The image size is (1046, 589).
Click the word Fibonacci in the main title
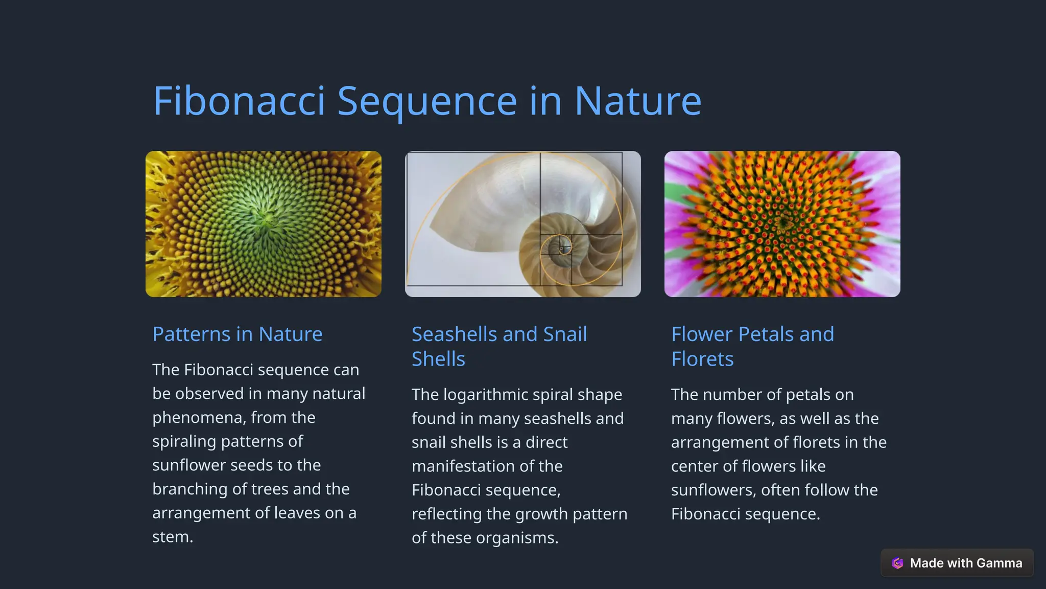[239, 101]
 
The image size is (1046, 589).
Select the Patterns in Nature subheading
[237, 334]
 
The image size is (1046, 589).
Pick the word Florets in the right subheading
[702, 359]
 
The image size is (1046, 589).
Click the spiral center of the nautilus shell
[561, 249]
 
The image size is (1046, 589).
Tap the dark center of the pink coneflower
[783, 223]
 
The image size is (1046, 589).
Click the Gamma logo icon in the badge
[897, 563]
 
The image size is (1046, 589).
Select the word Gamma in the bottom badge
[999, 563]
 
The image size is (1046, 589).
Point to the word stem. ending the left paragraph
[173, 537]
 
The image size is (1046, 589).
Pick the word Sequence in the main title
[427, 101]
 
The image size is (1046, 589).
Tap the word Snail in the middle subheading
[565, 334]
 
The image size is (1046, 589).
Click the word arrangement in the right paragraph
[721, 442]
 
